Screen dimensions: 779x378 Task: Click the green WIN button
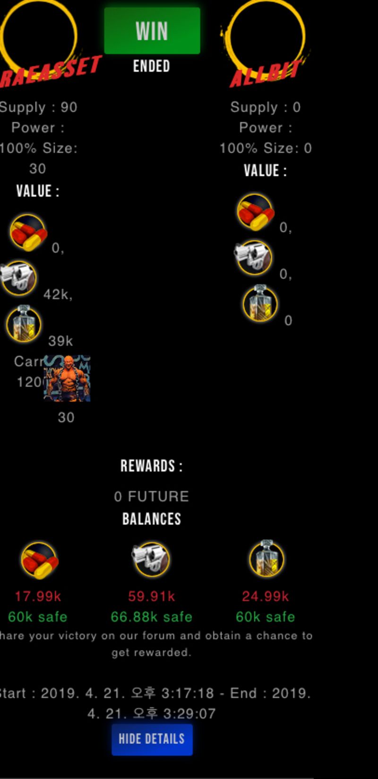tap(152, 31)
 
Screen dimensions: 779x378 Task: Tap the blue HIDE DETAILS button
tap(152, 739)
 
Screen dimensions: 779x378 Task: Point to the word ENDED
tap(151, 66)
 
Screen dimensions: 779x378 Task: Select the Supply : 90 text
tap(39, 107)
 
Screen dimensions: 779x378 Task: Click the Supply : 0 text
tap(265, 107)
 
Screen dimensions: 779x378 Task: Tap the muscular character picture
tap(67, 379)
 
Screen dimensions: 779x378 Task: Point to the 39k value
tap(60, 341)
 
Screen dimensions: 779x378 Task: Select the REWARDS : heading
tap(151, 466)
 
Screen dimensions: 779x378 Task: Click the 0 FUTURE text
tap(151, 497)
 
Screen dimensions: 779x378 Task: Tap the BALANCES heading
tap(151, 519)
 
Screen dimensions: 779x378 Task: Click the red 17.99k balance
tap(38, 596)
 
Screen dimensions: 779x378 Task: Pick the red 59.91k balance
tap(151, 596)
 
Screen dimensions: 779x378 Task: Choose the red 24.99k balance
tap(265, 596)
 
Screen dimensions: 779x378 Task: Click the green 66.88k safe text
tap(151, 617)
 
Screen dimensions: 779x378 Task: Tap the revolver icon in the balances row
tap(151, 560)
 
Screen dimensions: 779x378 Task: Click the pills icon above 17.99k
tap(39, 560)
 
